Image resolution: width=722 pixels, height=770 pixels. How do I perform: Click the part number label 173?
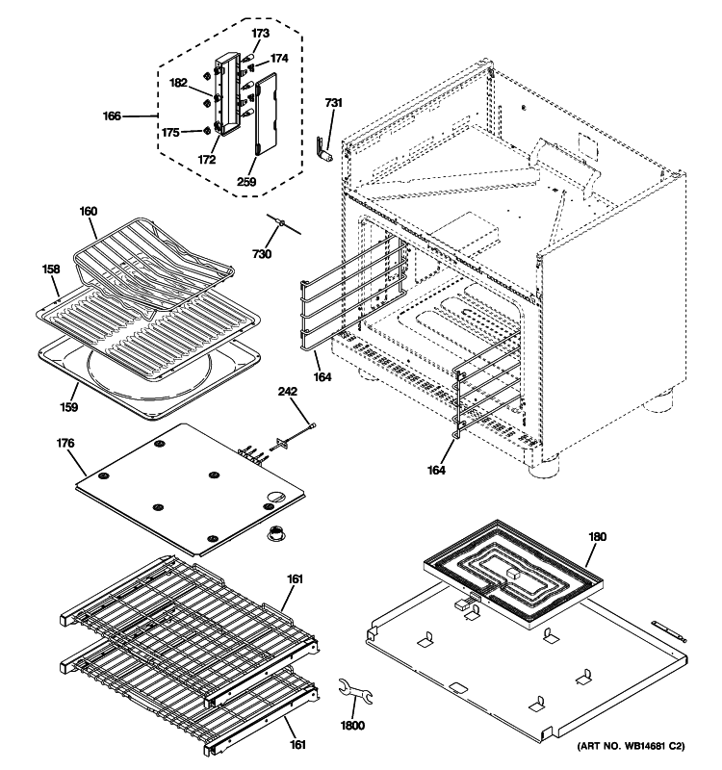click(x=261, y=34)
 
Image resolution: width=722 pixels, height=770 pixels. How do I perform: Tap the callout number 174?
click(x=278, y=59)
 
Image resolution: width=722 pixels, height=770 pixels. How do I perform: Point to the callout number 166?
click(x=114, y=116)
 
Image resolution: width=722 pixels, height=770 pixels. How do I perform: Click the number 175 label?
click(x=169, y=132)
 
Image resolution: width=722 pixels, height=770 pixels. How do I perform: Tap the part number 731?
click(x=332, y=103)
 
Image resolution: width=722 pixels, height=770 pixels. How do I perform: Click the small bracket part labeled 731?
click(x=325, y=149)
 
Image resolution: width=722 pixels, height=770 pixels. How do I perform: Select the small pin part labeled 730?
click(x=281, y=224)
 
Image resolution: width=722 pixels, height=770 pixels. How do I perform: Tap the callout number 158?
click(x=51, y=272)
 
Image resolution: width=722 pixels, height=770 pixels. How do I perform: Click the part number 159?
click(x=67, y=406)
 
